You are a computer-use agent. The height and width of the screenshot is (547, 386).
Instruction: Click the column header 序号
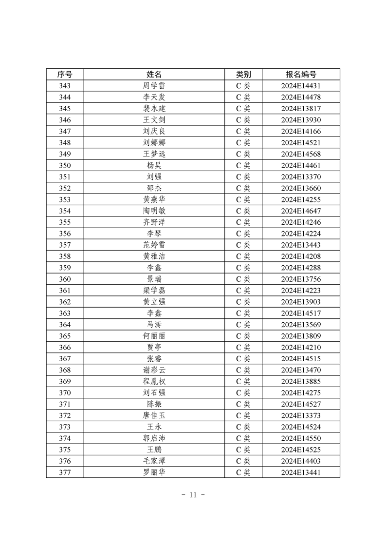pos(65,75)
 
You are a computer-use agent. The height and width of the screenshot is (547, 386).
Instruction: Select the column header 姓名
pos(154,75)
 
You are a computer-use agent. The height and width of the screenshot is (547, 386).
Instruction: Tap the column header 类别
pos(243,75)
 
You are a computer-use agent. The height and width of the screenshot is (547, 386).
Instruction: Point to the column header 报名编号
pos(301,75)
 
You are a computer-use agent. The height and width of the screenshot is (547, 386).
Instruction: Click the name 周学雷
pos(154,86)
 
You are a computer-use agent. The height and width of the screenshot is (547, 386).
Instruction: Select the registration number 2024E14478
pos(301,97)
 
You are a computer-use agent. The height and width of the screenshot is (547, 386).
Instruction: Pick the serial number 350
pos(65,165)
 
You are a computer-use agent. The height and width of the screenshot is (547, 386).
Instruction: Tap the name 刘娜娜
pos(154,142)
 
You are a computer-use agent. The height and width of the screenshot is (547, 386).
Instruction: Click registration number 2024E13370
pos(301,176)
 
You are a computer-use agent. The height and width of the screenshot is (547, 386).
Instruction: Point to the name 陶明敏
pos(154,211)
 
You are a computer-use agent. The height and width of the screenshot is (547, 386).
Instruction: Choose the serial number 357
pos(65,245)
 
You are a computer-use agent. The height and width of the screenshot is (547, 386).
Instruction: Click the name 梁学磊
pos(154,291)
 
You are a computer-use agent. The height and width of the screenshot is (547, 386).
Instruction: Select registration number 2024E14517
pos(301,313)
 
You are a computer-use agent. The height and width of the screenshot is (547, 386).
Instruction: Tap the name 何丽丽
pos(154,336)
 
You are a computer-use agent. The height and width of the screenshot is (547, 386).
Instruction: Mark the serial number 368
pos(65,370)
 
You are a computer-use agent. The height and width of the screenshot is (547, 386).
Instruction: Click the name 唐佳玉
pos(154,415)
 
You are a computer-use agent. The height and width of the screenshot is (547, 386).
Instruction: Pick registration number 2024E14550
pos(301,438)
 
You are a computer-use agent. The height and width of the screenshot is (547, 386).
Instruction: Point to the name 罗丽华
pos(154,472)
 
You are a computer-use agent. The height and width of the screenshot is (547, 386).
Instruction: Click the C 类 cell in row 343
pos(243,86)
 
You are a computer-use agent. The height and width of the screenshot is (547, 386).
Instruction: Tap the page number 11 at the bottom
pos(193,495)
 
